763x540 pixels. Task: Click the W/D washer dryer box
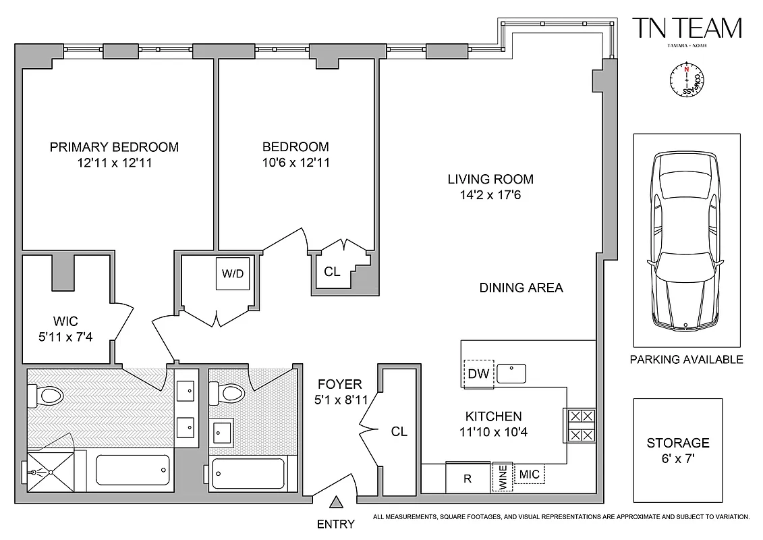point(232,274)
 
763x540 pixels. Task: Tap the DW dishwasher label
point(479,373)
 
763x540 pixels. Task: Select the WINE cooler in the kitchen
point(502,477)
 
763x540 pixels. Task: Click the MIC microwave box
point(530,475)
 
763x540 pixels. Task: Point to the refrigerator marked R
point(468,479)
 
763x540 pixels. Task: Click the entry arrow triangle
point(335,502)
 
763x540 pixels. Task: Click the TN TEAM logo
point(687,29)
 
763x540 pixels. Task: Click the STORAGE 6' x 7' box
point(678,450)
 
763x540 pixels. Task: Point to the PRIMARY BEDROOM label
point(114,147)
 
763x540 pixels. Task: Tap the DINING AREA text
point(521,288)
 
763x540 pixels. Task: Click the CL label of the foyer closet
point(399,431)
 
